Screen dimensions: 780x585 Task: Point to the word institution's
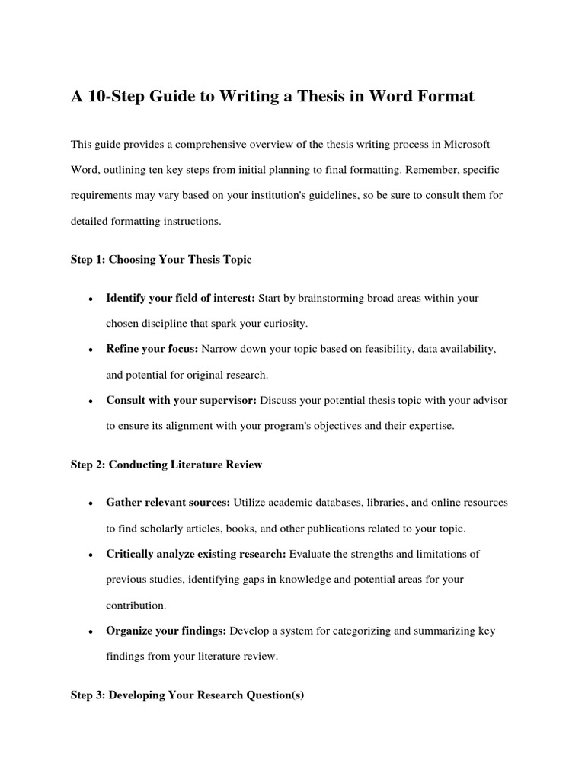[282, 195]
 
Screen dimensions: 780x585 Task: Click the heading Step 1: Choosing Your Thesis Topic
[161, 260]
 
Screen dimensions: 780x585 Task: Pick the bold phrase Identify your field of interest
[170, 298]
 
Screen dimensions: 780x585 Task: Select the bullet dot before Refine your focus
[90, 350]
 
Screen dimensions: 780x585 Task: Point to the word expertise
[429, 426]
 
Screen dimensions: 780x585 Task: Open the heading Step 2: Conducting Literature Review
[167, 465]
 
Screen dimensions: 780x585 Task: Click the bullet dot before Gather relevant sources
[90, 503]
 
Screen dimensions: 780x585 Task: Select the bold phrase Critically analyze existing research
[197, 554]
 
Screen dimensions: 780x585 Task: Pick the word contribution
[136, 606]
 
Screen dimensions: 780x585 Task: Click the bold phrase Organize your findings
[166, 631]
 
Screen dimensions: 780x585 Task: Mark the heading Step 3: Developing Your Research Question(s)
[187, 696]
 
